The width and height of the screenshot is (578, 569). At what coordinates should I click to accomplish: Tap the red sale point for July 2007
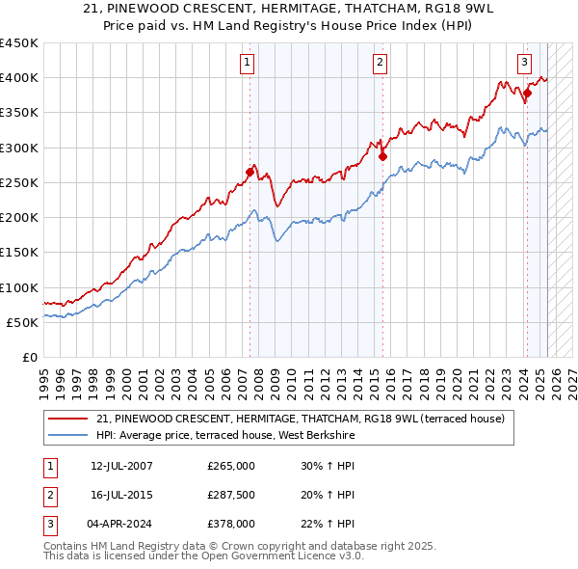point(250,173)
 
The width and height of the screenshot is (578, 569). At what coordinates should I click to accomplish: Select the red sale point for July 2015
point(382,156)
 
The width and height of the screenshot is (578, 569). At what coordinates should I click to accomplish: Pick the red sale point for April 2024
point(527,94)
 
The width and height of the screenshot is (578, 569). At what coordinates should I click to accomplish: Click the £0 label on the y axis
point(30,357)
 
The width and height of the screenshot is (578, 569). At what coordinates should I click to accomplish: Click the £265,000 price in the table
point(231,466)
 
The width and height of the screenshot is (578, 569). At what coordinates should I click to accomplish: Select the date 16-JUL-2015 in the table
point(121,495)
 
